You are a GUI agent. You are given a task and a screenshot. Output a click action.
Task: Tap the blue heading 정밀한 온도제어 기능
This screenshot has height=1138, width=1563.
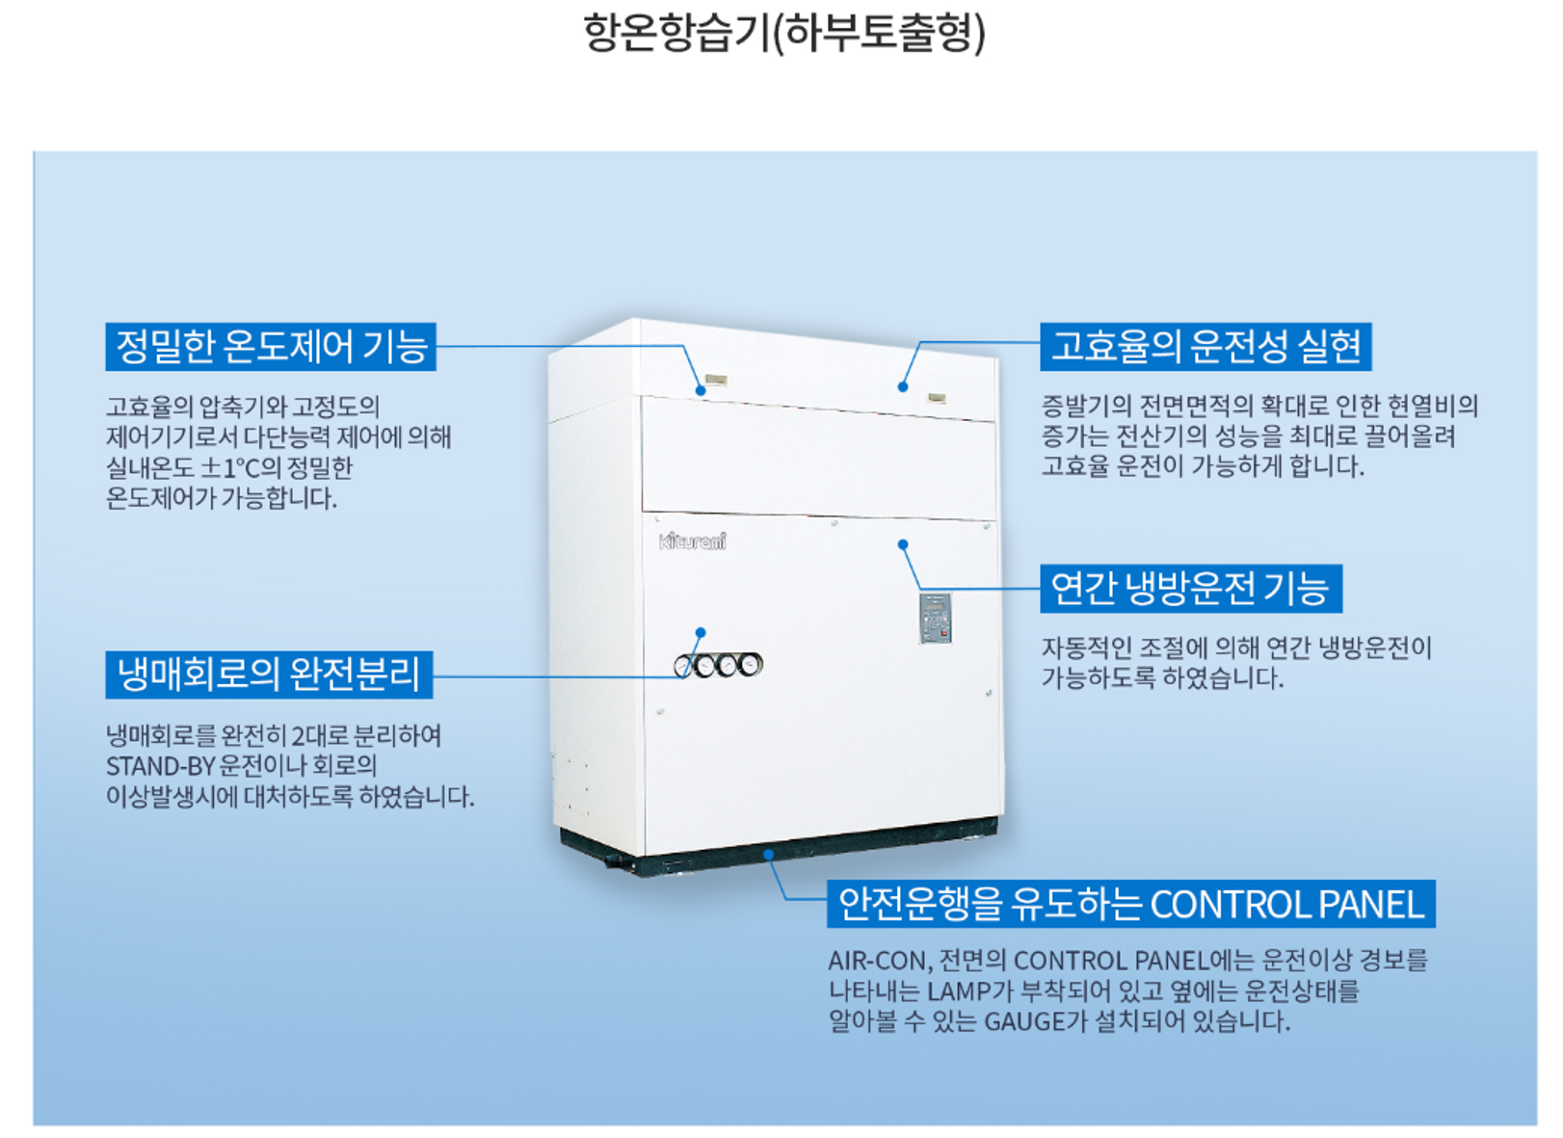point(271,347)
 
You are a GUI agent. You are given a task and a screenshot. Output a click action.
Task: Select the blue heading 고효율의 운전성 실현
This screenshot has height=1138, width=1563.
point(1205,347)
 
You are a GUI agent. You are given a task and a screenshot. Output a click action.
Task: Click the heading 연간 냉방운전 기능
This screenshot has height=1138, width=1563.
point(1190,588)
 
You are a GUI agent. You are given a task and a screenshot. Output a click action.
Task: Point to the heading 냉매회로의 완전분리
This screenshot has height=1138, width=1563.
point(269,674)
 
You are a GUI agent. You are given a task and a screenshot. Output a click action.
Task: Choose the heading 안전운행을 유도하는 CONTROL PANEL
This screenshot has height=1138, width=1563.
point(1130,904)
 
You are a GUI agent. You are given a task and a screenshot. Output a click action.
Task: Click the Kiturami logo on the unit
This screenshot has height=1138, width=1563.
point(693,541)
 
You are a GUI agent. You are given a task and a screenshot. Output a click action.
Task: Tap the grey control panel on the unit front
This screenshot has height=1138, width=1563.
point(935,618)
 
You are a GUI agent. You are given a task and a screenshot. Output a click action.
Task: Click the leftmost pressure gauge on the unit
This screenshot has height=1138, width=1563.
point(685,666)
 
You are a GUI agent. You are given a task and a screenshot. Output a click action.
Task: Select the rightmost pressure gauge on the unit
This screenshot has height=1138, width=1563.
point(750,664)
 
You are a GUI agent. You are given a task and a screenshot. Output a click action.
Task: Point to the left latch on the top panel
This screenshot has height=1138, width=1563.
point(716,380)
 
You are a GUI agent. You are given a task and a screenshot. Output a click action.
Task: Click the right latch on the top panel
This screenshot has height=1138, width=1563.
point(936,397)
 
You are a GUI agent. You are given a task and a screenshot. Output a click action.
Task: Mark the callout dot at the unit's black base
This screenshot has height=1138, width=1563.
point(768,854)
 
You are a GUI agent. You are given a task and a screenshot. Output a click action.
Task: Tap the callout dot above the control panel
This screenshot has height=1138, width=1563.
point(903,544)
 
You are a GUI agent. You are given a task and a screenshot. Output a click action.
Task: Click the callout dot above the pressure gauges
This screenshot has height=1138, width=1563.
point(701,633)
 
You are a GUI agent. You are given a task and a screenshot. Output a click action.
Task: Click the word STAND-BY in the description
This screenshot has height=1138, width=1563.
point(160,767)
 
